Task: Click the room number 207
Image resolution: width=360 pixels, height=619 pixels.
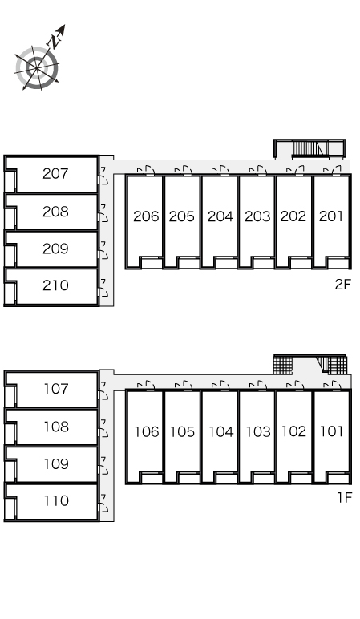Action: pos(55,173)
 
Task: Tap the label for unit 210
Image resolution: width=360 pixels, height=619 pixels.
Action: pos(55,285)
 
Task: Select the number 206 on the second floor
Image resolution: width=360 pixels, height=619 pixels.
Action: pos(146,216)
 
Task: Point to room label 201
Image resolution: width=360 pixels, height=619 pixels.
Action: pos(331,216)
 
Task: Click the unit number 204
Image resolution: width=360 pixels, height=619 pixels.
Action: pos(220,216)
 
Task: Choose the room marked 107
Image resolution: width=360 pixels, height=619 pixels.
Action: pos(56,389)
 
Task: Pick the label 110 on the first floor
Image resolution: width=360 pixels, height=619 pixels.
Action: pos(56,500)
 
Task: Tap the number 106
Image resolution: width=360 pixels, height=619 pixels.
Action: pos(147,431)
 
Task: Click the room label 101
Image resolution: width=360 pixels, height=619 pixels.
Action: pos(331,431)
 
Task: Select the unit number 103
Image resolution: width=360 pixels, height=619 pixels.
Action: pos(258,431)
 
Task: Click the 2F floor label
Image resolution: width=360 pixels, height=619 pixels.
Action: pos(342,284)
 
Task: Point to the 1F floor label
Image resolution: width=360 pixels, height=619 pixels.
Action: pos(344,498)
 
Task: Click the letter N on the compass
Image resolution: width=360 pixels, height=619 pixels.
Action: pos(54,41)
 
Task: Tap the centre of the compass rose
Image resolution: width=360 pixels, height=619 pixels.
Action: pos(37,68)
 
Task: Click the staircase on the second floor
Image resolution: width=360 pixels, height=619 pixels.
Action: pos(309,150)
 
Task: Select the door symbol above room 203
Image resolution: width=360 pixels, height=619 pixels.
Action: pos(258,171)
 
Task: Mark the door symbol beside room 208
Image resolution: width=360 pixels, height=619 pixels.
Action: pos(103,212)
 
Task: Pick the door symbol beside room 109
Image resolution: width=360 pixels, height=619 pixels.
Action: pos(103,465)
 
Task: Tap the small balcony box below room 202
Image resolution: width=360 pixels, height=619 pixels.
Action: pos(300,262)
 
